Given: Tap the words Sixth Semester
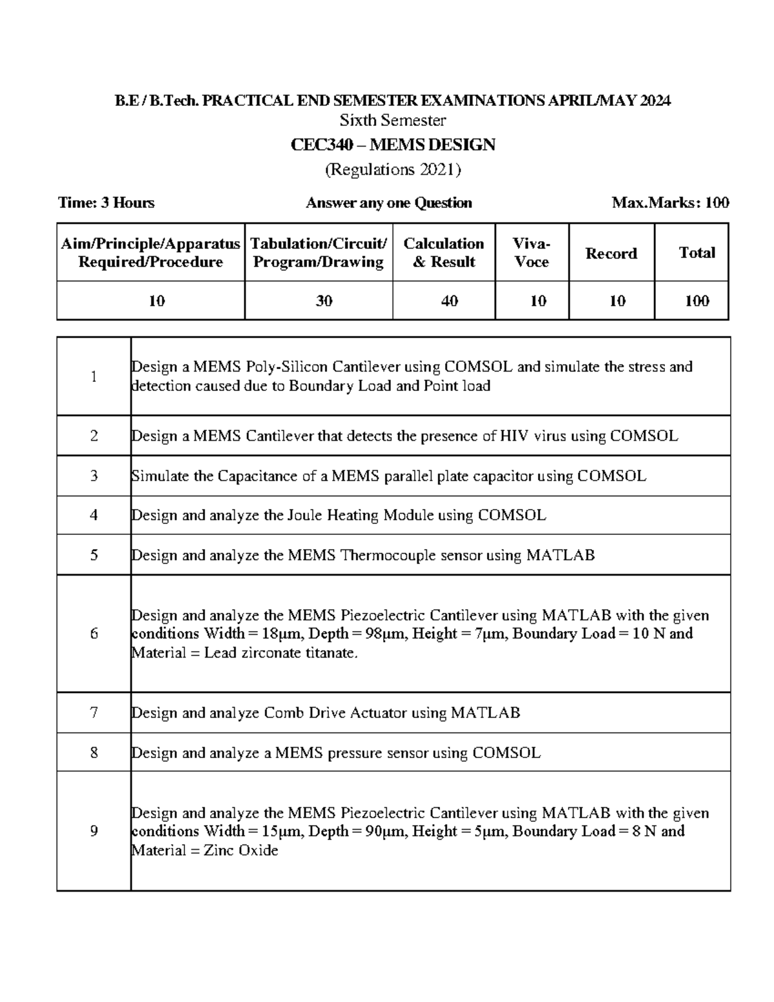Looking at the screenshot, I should click(x=393, y=121).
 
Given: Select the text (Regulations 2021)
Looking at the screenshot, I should click(x=393, y=170).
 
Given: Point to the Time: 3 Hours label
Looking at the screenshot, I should click(x=106, y=203).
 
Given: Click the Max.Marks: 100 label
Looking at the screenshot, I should click(x=670, y=203).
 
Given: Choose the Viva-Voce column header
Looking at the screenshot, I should click(x=531, y=253).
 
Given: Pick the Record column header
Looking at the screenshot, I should click(x=611, y=254).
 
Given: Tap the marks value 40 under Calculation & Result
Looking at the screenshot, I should click(x=449, y=301).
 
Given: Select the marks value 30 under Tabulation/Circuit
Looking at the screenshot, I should click(x=324, y=301).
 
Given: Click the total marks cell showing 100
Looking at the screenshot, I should click(x=697, y=301).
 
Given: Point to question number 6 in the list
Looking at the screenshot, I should click(x=94, y=634).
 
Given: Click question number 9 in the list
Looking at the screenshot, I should click(x=94, y=831).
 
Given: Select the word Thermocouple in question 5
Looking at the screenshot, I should click(x=388, y=556).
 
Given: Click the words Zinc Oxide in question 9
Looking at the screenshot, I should click(x=241, y=850).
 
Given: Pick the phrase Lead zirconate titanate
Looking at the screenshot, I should click(x=280, y=653).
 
